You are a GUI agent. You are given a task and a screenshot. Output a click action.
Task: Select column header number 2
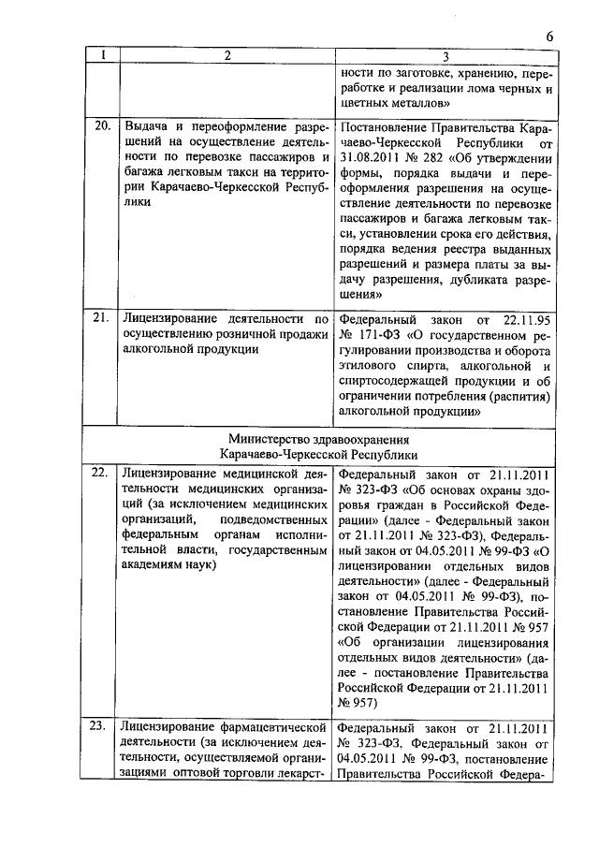(225, 55)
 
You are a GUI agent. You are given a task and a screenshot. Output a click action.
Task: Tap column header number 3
(446, 55)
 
